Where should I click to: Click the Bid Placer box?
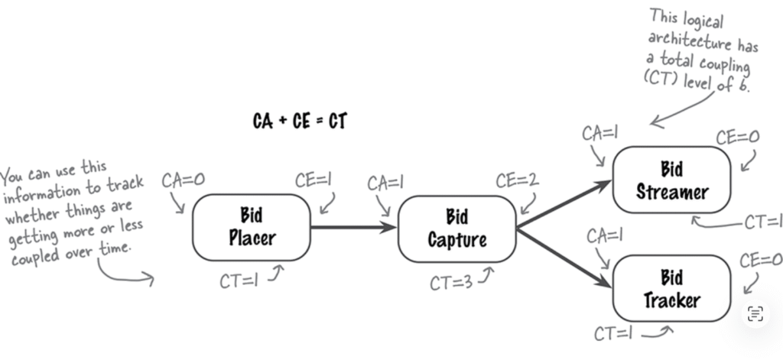click(252, 226)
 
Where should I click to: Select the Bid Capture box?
click(457, 229)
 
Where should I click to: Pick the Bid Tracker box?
click(671, 288)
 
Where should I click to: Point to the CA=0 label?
click(184, 181)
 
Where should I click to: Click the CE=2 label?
click(517, 181)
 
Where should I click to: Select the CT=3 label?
click(451, 284)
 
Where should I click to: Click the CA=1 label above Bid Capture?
click(385, 183)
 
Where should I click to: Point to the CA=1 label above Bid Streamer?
click(600, 133)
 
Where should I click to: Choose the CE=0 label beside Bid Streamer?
click(738, 138)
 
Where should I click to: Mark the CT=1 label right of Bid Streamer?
click(762, 222)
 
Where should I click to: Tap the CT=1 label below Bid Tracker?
click(616, 333)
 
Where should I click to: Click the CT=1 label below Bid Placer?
click(239, 281)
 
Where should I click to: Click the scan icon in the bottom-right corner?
click(755, 312)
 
